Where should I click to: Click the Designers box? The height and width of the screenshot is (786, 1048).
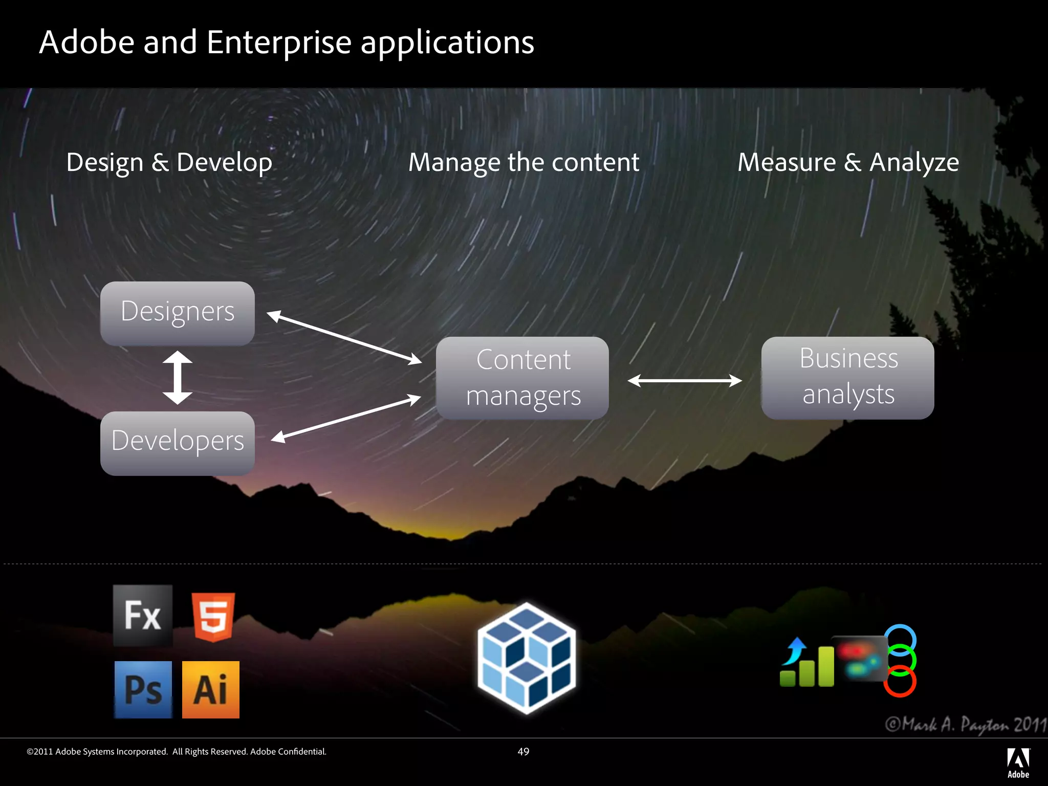(178, 313)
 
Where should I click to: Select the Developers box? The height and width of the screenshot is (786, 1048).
(178, 443)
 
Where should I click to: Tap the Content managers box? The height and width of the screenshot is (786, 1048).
(522, 378)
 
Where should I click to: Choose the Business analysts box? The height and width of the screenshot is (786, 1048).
(848, 378)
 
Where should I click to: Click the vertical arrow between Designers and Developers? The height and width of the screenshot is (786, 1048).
(178, 378)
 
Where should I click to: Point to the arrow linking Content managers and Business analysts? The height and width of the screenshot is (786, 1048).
(685, 380)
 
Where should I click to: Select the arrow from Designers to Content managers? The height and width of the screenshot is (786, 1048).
(344, 338)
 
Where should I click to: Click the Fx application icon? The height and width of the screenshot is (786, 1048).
(143, 616)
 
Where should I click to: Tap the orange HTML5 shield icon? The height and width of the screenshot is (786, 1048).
(213, 617)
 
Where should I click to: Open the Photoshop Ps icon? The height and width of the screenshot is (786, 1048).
(143, 690)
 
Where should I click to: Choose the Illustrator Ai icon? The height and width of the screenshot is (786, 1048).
(211, 690)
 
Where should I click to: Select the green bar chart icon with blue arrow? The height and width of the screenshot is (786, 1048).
(806, 663)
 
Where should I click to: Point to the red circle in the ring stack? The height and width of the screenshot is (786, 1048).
(900, 682)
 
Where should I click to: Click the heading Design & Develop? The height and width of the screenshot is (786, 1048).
(169, 163)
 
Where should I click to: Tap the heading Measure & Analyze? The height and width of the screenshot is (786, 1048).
(848, 163)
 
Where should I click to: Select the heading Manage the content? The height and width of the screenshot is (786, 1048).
(523, 163)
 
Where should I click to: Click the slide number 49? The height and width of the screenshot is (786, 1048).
(523, 751)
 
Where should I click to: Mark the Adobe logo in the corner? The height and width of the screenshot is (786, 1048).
(1018, 763)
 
